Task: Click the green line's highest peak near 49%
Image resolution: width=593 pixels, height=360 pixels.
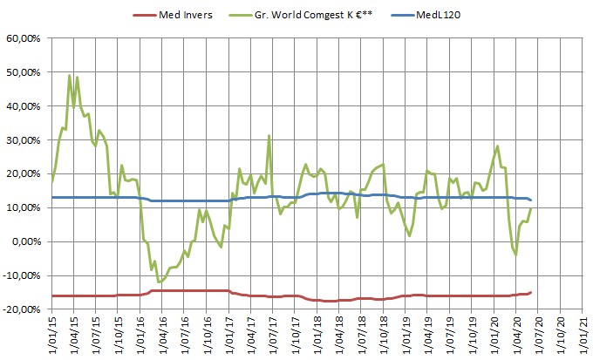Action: pyautogui.click(x=70, y=76)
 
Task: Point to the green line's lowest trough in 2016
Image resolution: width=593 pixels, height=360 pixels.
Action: pyautogui.click(x=160, y=282)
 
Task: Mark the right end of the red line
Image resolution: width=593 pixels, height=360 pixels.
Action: pyautogui.click(x=531, y=292)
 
